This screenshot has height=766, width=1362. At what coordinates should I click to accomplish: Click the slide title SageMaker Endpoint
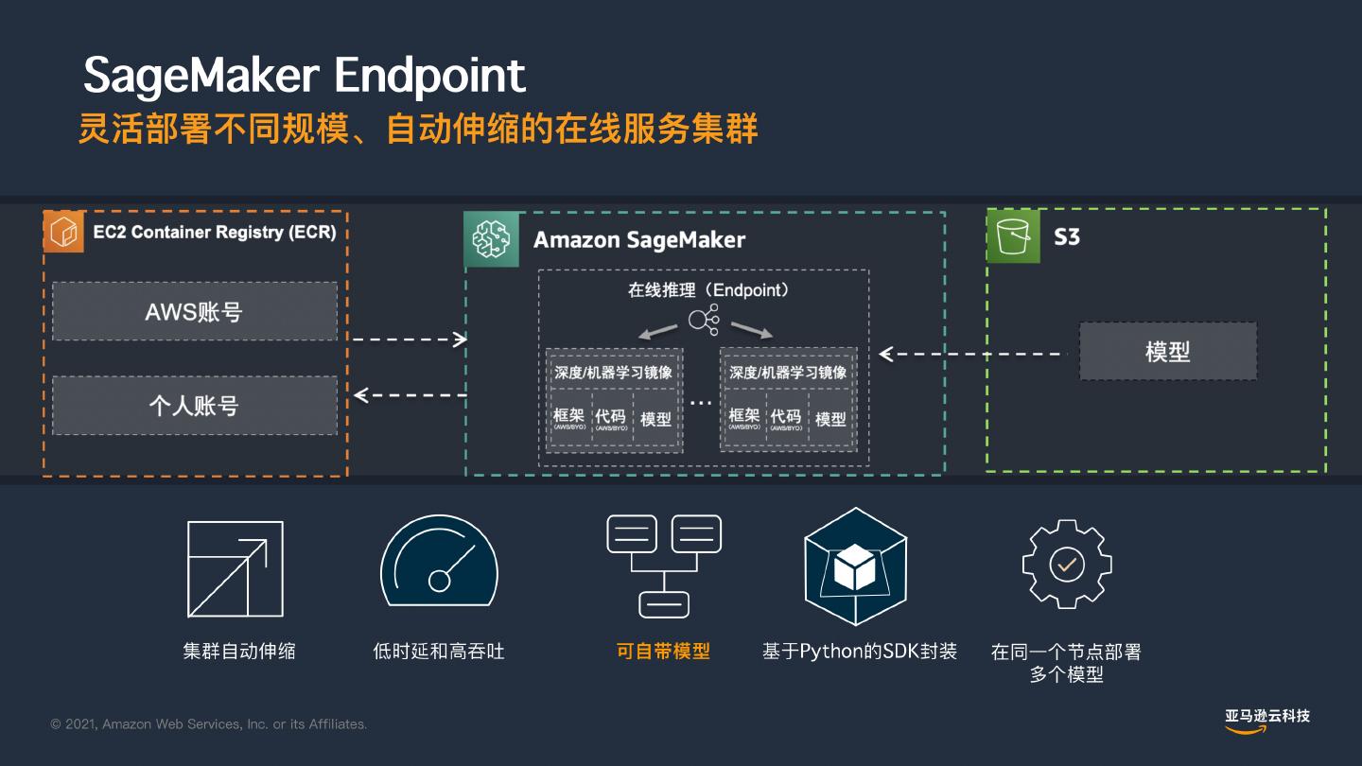pos(304,76)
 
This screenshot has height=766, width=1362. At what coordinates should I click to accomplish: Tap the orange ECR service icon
pos(63,233)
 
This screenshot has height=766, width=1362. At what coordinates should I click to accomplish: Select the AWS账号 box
pos(195,311)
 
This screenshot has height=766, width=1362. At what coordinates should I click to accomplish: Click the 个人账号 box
pos(195,406)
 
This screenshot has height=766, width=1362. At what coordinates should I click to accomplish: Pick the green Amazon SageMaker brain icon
pos(492,239)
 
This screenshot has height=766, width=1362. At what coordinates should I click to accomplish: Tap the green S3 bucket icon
pos(1013,235)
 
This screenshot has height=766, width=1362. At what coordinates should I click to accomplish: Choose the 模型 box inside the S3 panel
pos(1168,352)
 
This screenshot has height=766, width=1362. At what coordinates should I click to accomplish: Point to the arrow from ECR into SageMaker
pos(410,339)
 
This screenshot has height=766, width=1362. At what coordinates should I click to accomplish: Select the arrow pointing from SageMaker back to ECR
pos(410,394)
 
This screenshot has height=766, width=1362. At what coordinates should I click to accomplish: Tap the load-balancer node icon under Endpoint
pos(705,321)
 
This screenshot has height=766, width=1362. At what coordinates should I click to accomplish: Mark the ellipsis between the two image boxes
pos(701,403)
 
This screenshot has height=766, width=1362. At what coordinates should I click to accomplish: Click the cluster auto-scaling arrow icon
pos(236,569)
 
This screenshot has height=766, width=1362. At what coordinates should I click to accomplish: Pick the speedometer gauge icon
pos(439,566)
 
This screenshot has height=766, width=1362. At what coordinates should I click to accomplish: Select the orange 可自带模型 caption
pos(663,651)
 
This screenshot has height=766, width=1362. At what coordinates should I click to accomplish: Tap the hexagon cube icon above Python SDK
pos(855,566)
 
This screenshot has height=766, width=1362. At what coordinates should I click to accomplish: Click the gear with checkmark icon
pos(1067,564)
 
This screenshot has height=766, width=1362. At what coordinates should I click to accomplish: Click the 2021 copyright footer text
pos(209,724)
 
